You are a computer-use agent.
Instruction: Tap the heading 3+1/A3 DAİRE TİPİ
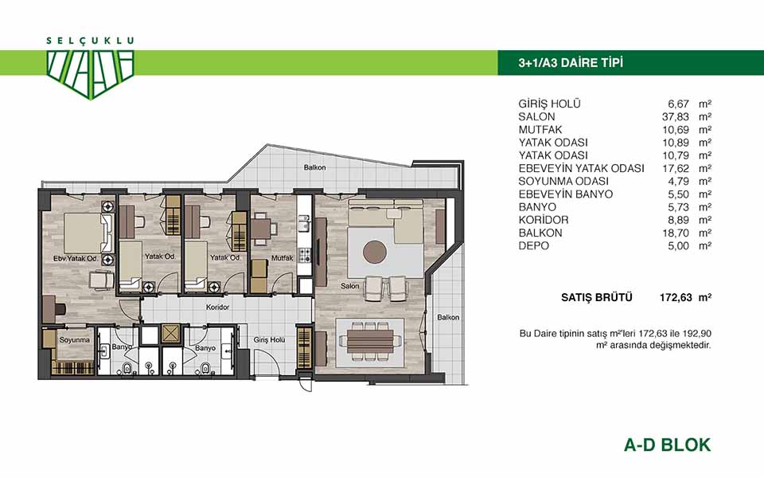(571, 63)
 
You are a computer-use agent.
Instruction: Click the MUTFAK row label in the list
(540, 130)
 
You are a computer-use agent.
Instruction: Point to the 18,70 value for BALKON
(676, 233)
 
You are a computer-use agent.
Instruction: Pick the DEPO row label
(533, 246)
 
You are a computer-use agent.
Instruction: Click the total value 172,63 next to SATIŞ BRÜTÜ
(676, 297)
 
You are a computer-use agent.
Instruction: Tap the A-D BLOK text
(667, 445)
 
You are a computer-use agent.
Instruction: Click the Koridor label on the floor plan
(217, 308)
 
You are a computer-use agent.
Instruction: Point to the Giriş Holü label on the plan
(269, 340)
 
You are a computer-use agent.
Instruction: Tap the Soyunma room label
(75, 339)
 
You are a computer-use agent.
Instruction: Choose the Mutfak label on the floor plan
(282, 258)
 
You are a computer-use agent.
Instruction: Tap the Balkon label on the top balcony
(315, 167)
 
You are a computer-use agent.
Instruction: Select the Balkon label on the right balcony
(448, 317)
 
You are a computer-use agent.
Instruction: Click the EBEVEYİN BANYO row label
(565, 194)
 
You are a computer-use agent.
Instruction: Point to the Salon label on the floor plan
(350, 286)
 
